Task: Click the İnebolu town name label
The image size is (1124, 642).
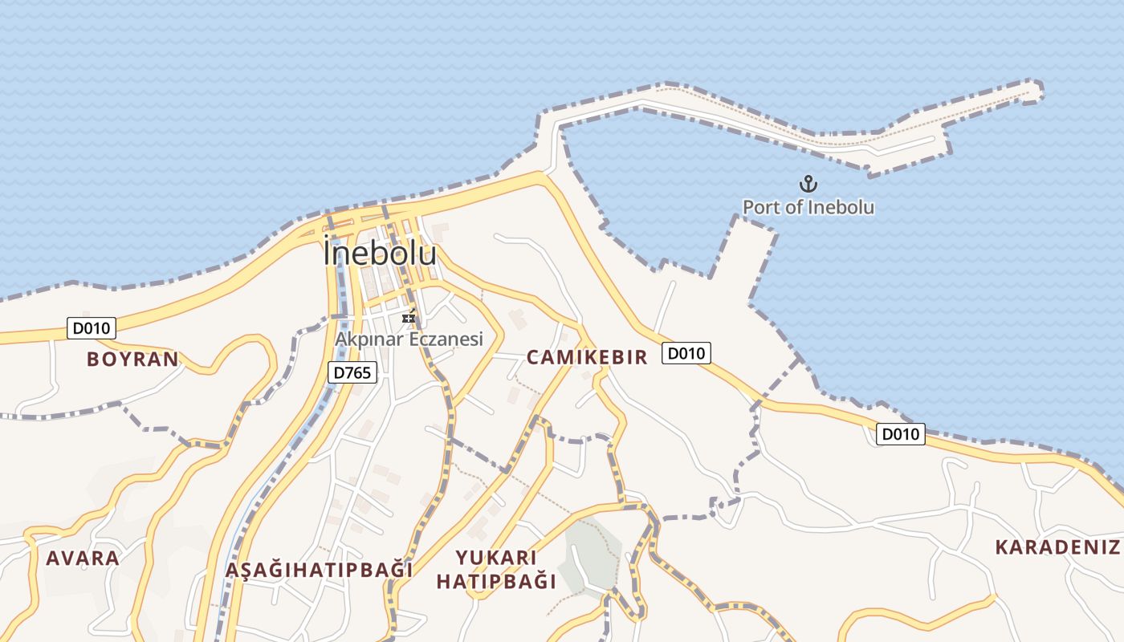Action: coord(380,254)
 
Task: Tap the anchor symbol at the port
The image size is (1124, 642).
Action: coord(808,184)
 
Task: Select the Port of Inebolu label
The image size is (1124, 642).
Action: coord(808,207)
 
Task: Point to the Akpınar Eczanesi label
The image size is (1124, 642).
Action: coord(409,339)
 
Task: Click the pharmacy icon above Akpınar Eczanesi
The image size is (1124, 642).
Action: coord(409,318)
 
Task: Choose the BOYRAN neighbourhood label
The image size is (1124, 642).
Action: coord(132,359)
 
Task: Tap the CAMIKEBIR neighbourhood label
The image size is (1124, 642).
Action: coord(587,357)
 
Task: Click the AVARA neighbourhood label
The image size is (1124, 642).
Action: coord(83,558)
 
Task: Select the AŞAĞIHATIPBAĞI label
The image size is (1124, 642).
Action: coord(319,570)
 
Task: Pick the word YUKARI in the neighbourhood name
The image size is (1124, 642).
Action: coord(496,557)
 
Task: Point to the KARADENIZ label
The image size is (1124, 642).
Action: coord(1057,547)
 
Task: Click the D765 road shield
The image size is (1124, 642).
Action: coord(352,372)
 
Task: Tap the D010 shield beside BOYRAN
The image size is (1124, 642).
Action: coord(92,327)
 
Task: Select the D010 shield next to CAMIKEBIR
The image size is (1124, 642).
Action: coord(686,353)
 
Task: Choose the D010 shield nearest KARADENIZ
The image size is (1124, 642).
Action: coord(900,434)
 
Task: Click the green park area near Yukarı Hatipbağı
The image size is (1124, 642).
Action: coord(590,554)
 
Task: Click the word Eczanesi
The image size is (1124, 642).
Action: coord(446,339)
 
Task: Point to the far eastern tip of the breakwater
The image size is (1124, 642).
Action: coord(1037,89)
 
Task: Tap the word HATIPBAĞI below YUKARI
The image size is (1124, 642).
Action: coord(496,581)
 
